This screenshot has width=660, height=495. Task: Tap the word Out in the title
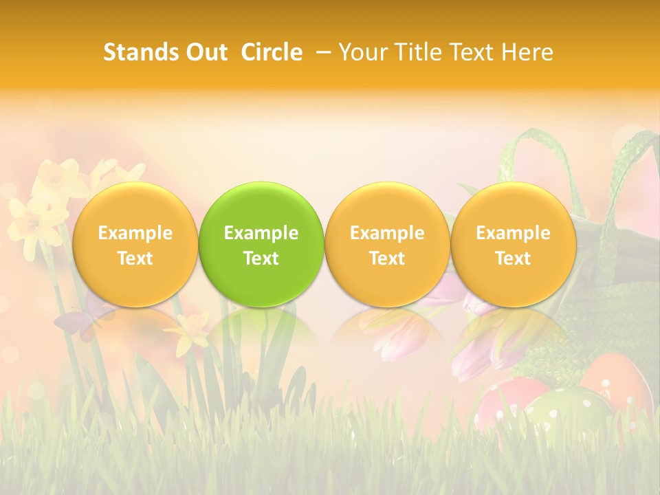click(205, 52)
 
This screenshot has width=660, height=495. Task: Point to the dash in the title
click(321, 53)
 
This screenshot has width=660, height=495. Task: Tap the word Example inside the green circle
click(261, 233)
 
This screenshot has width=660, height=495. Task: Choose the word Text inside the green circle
click(261, 258)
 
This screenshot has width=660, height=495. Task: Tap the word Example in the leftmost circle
click(135, 233)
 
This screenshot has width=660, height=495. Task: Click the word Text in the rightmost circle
click(513, 258)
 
